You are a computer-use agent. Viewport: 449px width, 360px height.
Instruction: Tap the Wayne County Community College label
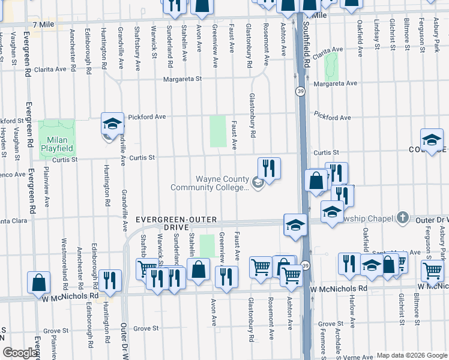[x=209, y=183]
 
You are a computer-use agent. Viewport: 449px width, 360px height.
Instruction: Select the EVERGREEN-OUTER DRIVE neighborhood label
[x=176, y=223]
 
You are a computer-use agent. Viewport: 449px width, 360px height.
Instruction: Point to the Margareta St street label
[x=179, y=79]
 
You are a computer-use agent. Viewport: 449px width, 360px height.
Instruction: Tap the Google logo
[x=19, y=353]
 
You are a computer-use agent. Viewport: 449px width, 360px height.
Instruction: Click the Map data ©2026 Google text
[x=412, y=355]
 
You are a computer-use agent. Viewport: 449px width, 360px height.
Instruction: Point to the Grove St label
[x=146, y=328]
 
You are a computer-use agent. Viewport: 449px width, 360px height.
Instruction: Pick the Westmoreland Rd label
[x=64, y=260]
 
